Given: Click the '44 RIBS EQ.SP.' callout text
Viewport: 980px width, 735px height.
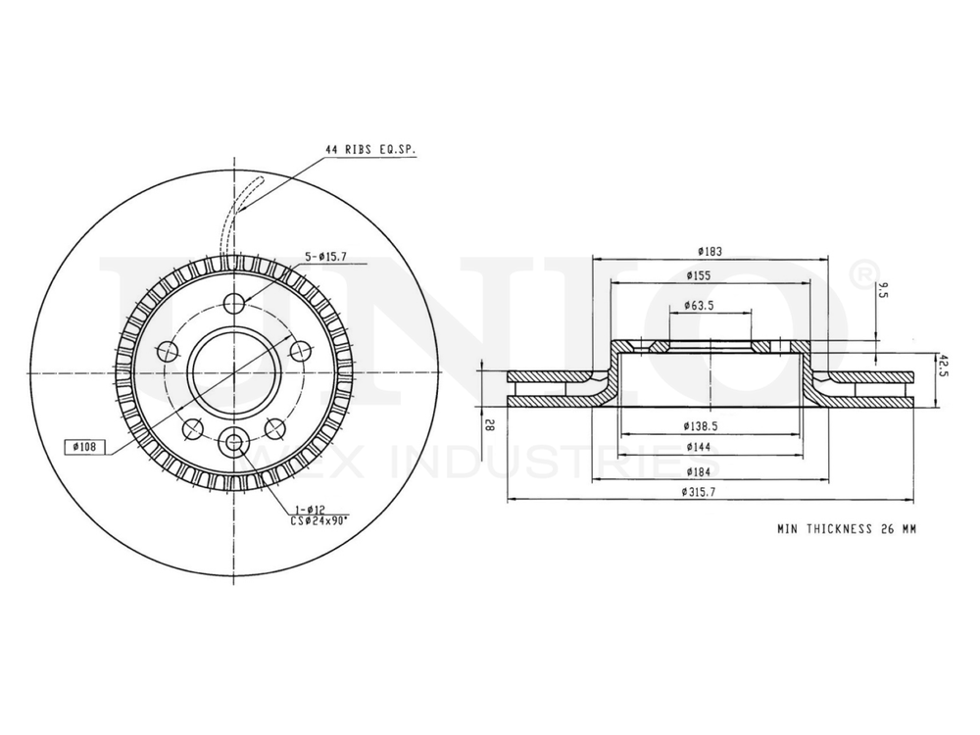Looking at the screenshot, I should pyautogui.click(x=370, y=150).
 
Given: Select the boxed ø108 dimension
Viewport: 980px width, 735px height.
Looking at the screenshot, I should pyautogui.click(x=85, y=447).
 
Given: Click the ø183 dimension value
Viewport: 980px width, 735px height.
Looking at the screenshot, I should pyautogui.click(x=711, y=251).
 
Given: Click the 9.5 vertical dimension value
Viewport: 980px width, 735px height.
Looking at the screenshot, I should pyautogui.click(x=884, y=289).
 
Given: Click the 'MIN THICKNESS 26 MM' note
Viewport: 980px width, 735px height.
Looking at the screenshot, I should pyautogui.click(x=846, y=528).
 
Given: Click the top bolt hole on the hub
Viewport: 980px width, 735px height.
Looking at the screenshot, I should pyautogui.click(x=234, y=303).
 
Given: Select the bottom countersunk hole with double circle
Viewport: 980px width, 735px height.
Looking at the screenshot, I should pyautogui.click(x=234, y=442).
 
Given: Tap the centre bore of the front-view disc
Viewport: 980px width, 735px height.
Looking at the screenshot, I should pyautogui.click(x=234, y=371).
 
